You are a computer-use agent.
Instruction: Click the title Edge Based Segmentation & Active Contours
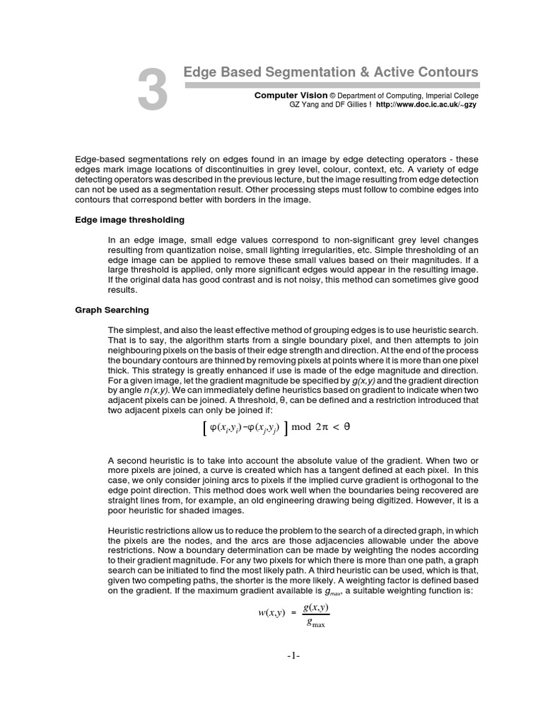click(x=330, y=72)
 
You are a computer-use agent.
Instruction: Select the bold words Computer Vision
click(x=291, y=95)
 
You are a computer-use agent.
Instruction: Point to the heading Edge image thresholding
click(x=129, y=220)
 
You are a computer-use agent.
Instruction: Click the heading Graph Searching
click(x=112, y=310)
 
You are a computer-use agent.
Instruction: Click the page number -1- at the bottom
click(x=293, y=656)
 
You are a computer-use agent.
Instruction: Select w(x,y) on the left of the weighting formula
click(x=271, y=612)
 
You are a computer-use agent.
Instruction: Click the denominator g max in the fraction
click(x=315, y=623)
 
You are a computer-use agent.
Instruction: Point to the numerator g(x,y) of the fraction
click(x=315, y=607)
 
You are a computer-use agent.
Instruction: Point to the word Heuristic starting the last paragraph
click(x=128, y=531)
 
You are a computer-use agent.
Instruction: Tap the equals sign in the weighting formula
click(x=293, y=613)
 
